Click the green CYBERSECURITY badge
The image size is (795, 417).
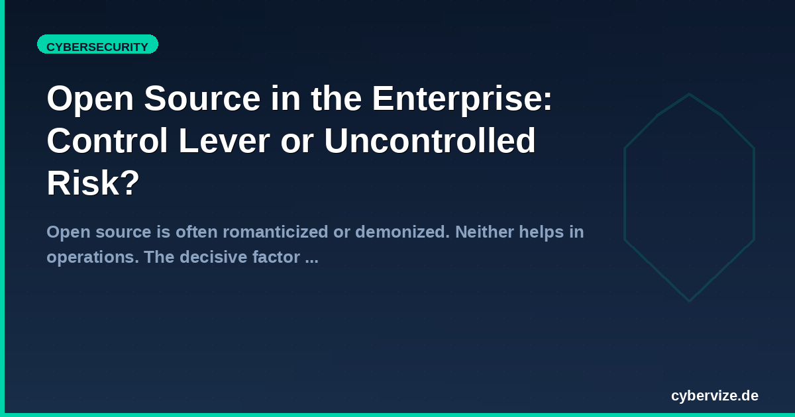click(97, 44)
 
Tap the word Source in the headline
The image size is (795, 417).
click(202, 99)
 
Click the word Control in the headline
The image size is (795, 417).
click(107, 141)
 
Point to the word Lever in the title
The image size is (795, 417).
click(225, 141)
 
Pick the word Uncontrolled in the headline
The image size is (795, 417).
click(430, 141)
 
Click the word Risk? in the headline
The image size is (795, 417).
click(93, 183)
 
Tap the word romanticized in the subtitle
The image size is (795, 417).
click(276, 232)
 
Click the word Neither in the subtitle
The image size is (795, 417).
click(484, 232)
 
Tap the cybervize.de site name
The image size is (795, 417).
click(715, 396)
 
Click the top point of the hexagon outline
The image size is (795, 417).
click(689, 94)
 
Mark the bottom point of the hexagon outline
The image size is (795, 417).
click(689, 301)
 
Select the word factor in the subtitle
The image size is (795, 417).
click(276, 257)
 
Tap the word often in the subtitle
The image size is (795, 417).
click(197, 232)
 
